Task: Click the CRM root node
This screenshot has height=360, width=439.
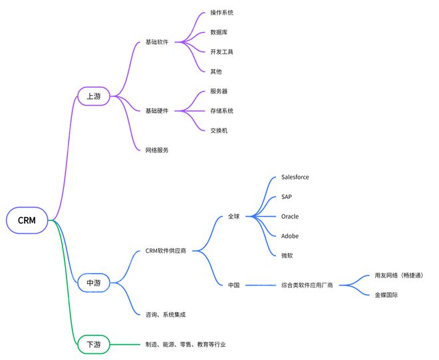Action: tap(27, 220)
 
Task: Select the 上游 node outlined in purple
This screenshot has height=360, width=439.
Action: tap(94, 96)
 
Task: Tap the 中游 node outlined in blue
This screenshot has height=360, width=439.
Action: tap(94, 283)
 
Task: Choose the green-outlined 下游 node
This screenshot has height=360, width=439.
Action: tap(94, 344)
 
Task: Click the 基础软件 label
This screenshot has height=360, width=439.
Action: tap(157, 42)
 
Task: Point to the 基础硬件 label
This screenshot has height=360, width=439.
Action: tap(157, 111)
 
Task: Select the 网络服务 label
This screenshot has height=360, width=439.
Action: tap(157, 150)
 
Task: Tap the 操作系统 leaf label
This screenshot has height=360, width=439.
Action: tap(221, 13)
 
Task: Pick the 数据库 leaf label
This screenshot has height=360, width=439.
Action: tap(219, 32)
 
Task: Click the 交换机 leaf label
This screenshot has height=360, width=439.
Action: tap(219, 130)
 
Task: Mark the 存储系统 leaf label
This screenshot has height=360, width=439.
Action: tap(221, 111)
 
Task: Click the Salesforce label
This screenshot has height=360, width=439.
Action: tap(295, 177)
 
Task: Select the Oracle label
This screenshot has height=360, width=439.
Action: tap(290, 216)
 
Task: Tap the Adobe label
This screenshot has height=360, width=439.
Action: tap(290, 236)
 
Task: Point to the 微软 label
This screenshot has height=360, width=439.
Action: tap(287, 256)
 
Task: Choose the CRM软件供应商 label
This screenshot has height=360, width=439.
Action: tap(166, 251)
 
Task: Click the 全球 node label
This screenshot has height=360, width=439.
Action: tap(233, 216)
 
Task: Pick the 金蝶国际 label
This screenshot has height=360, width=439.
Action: tap(386, 295)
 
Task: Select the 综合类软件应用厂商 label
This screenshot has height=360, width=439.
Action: tap(307, 285)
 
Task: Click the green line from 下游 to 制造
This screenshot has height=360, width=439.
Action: tap(125, 344)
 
